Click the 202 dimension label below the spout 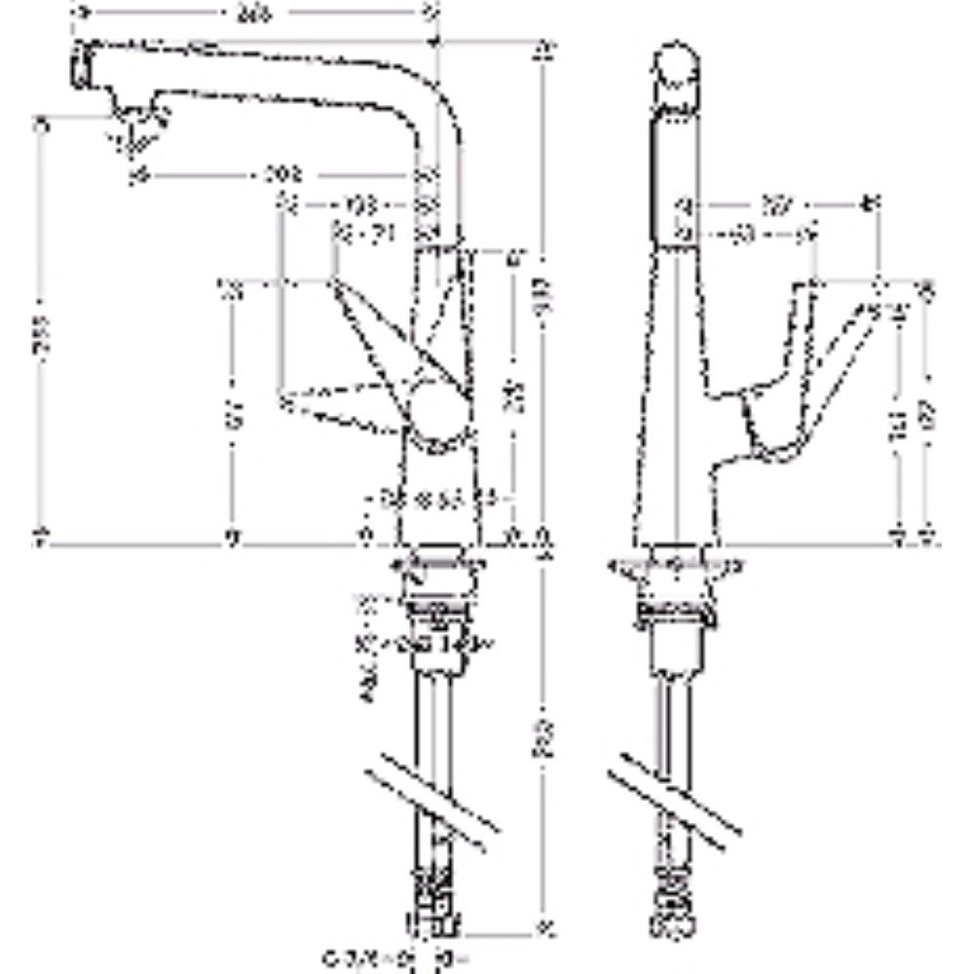[x=283, y=175]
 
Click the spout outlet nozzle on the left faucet [x=137, y=131]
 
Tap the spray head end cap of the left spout [x=76, y=68]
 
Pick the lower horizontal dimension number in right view [x=745, y=235]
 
